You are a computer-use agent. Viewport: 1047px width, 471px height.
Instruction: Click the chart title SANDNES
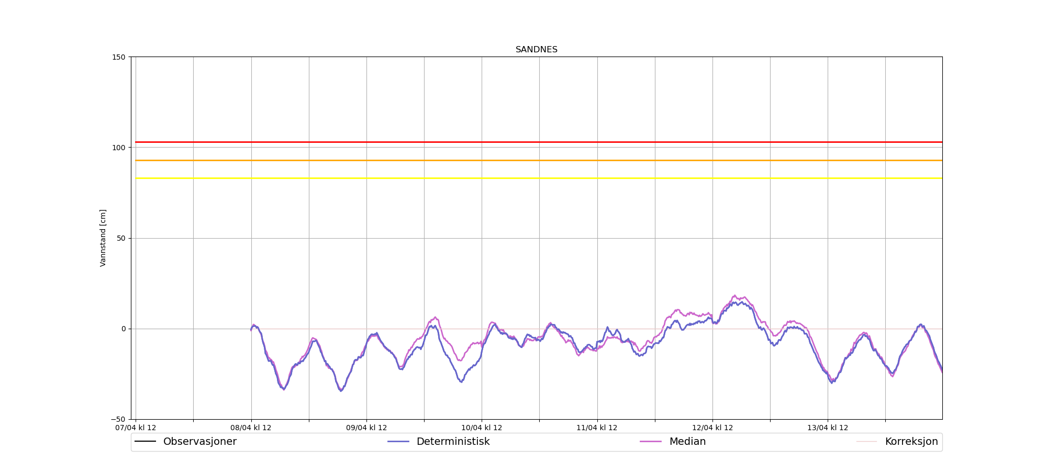(x=537, y=50)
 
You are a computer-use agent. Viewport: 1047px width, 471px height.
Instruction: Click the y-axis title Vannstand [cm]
(x=103, y=238)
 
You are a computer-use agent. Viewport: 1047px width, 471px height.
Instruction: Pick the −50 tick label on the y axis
(x=119, y=419)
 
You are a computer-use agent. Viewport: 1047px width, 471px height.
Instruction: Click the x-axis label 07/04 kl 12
(x=136, y=428)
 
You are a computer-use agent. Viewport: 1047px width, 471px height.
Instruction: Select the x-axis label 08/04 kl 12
(x=251, y=428)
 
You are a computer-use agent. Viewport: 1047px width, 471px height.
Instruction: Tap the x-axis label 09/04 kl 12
(x=366, y=428)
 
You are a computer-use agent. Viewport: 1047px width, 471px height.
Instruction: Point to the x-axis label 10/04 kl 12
(x=482, y=428)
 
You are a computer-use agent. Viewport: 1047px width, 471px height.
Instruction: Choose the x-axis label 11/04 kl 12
(x=597, y=428)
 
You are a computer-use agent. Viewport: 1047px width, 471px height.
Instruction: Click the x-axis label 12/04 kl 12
(x=712, y=428)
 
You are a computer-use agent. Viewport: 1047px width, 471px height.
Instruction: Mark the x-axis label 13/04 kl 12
(x=828, y=428)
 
